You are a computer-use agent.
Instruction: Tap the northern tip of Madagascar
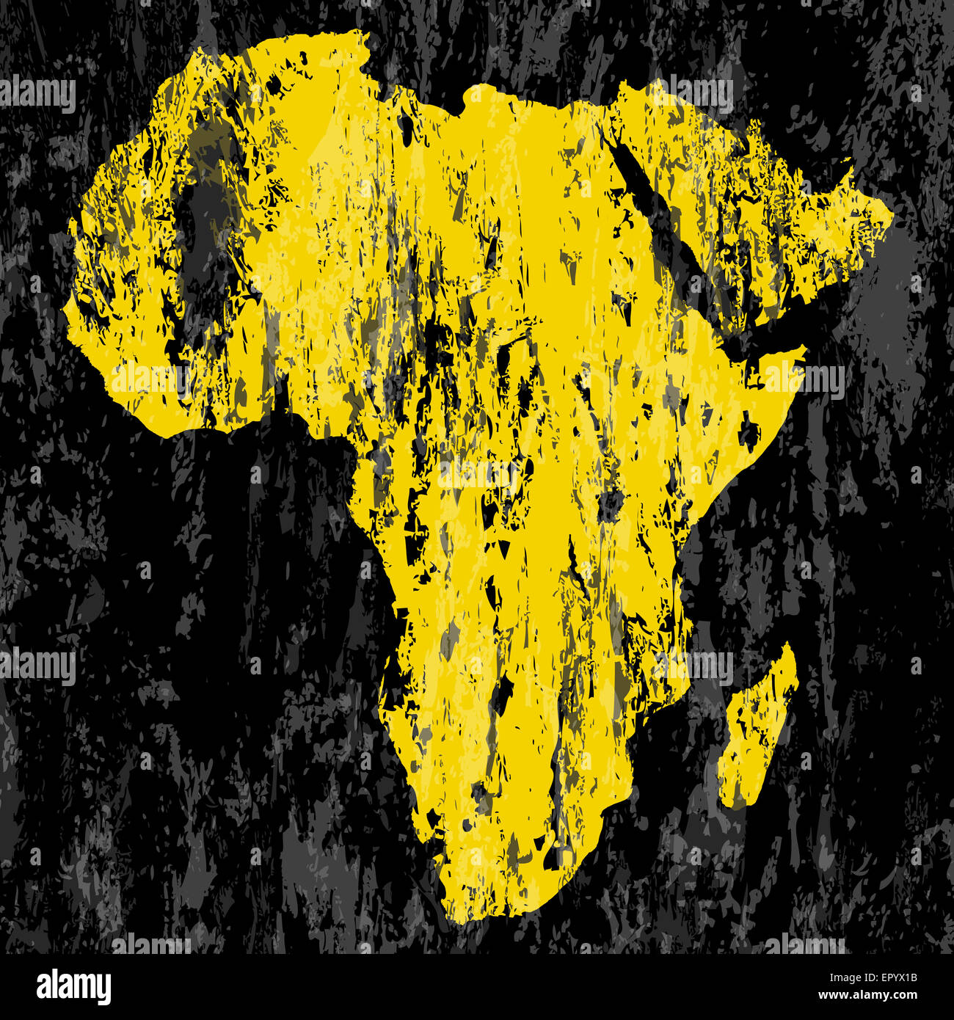pyautogui.click(x=789, y=646)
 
